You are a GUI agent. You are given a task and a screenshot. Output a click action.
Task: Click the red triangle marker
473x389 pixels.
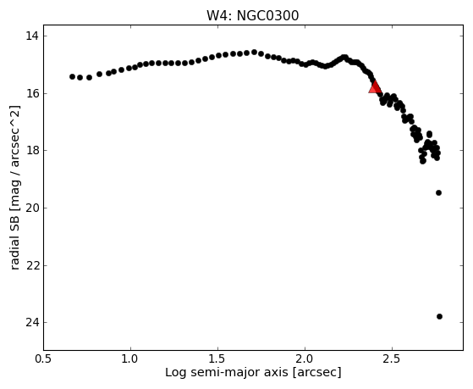[x=375, y=87]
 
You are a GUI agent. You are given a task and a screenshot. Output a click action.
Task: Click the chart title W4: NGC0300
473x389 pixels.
[x=252, y=16]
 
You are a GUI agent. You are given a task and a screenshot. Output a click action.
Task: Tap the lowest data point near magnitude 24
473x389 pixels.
[x=439, y=316]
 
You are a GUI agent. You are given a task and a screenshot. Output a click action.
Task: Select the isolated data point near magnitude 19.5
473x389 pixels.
[x=438, y=193]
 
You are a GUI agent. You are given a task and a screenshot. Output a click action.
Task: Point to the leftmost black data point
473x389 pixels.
[x=73, y=77]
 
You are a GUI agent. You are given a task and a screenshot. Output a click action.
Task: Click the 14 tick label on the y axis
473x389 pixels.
[x=32, y=36]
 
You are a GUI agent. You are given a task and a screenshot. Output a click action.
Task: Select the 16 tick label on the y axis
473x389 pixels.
[x=32, y=93]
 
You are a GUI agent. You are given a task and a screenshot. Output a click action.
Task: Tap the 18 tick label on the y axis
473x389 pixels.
[x=32, y=151]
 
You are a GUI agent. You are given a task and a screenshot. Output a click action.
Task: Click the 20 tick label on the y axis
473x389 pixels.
[x=32, y=208]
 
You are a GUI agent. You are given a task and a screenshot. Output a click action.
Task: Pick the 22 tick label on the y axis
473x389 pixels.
[x=32, y=265]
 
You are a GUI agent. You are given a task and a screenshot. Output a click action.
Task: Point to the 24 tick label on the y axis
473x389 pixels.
[x=32, y=323]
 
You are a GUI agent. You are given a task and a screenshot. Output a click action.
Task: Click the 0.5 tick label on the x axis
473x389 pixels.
[x=44, y=358]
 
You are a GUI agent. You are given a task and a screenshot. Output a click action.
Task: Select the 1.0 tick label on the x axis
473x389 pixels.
[x=130, y=358]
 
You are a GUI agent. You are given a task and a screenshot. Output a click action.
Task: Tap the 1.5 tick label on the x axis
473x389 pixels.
[x=217, y=358]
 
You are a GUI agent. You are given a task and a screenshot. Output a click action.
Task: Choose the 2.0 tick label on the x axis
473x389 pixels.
[x=305, y=358]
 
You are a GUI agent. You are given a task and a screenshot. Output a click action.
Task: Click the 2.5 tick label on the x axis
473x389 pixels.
[x=392, y=358]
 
